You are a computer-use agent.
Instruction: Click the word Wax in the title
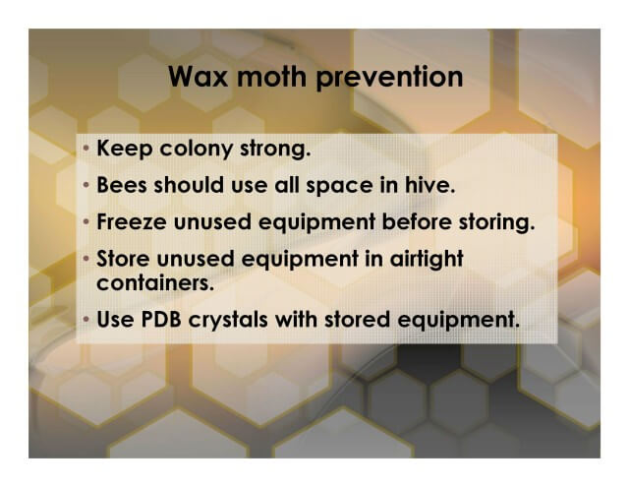(199, 77)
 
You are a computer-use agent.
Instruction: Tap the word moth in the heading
(272, 76)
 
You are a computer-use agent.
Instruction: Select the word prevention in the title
(389, 78)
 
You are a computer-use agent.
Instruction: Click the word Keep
(125, 149)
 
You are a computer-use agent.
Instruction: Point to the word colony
(197, 149)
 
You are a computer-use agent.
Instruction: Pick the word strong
(275, 150)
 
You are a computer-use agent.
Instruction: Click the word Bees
(122, 185)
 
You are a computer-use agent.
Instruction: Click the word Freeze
(132, 221)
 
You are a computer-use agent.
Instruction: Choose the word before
(417, 221)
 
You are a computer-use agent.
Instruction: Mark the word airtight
(427, 259)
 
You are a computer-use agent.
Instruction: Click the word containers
(155, 282)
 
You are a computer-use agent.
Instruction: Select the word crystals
(228, 321)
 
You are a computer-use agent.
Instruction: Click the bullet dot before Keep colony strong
(86, 149)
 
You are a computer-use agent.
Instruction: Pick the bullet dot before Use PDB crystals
(86, 320)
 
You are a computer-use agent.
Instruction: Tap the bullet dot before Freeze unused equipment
(86, 221)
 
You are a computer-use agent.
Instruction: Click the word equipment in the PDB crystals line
(458, 321)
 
